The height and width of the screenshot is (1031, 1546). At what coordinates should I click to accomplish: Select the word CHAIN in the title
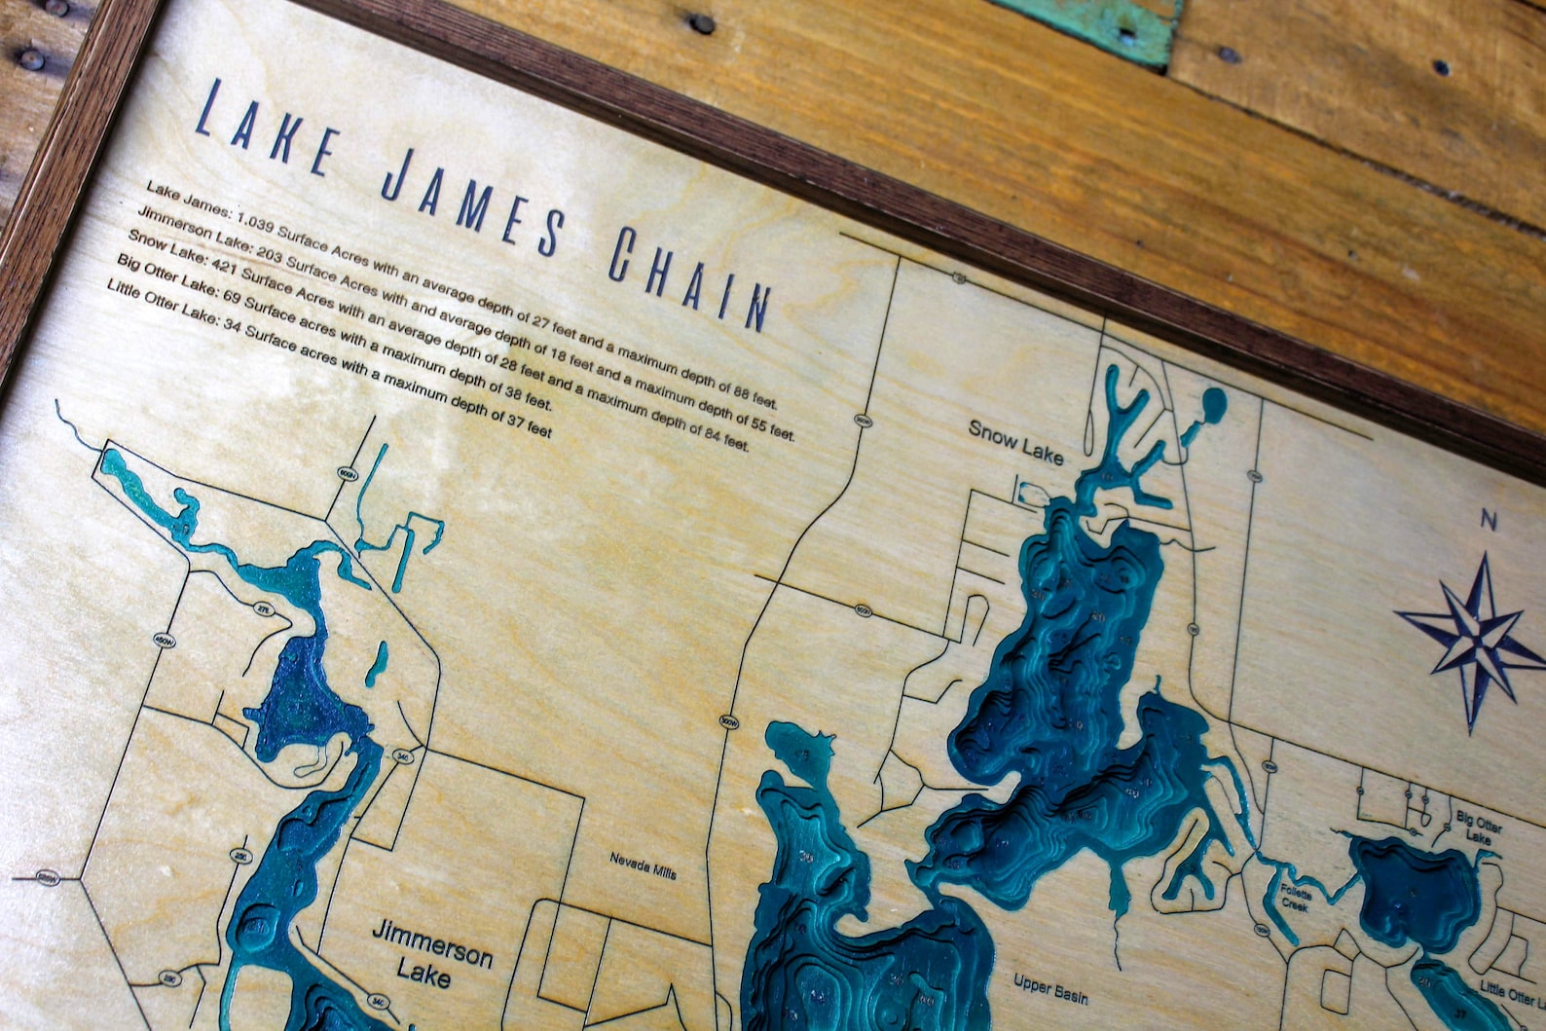(689, 278)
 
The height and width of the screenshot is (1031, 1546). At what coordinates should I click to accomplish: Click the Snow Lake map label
(1015, 443)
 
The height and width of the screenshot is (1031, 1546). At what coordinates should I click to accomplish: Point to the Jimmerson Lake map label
(431, 952)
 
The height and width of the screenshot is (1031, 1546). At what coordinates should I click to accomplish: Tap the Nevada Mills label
(643, 865)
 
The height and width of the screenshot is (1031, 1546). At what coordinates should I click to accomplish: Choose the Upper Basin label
(1049, 988)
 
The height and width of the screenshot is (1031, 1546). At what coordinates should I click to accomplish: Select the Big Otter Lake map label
(1479, 828)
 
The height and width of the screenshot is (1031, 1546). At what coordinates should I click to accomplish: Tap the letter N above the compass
(1489, 521)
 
